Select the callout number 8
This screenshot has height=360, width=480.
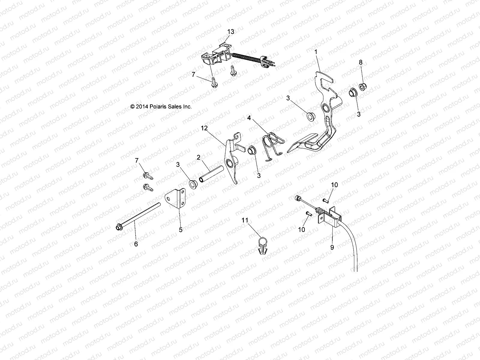click(x=361, y=62)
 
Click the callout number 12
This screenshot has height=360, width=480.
click(x=212, y=128)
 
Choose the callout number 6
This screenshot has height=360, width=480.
click(x=136, y=244)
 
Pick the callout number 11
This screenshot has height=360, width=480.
click(x=253, y=220)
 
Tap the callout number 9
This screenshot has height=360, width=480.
click(x=332, y=247)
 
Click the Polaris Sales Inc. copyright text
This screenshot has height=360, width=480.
click(x=161, y=106)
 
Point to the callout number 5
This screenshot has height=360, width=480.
click(x=181, y=230)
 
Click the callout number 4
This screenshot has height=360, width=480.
click(x=249, y=118)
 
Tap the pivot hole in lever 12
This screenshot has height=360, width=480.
click(x=229, y=163)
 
